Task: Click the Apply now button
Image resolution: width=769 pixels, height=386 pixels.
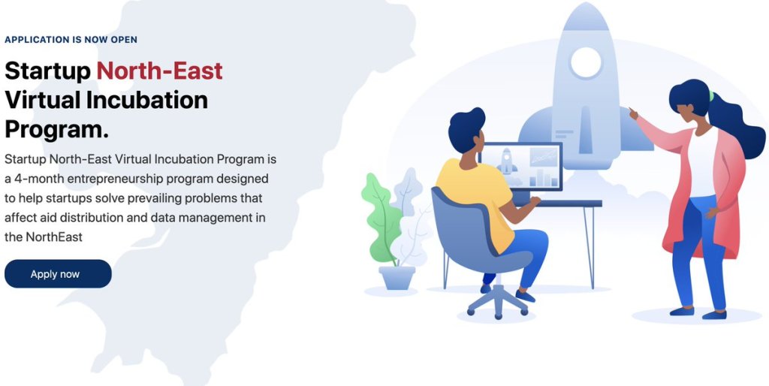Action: (x=58, y=273)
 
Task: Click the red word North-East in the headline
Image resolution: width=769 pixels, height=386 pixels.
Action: (x=159, y=71)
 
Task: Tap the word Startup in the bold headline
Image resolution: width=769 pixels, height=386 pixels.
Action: (x=47, y=71)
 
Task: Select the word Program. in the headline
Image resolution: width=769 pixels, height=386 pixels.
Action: (x=56, y=130)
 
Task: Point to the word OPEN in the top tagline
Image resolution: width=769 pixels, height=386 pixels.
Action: (x=124, y=40)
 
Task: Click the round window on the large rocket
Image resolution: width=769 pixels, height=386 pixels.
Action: (x=586, y=63)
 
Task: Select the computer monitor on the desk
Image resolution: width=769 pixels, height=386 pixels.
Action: (x=521, y=167)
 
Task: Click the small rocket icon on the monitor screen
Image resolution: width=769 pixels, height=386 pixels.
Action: (x=507, y=161)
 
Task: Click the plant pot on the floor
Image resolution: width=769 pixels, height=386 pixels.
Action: (x=397, y=278)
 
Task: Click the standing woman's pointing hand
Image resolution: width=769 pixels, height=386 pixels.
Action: (x=633, y=114)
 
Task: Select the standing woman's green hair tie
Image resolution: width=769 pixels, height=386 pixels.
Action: (x=710, y=95)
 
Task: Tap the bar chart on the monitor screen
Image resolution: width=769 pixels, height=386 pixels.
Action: (x=545, y=177)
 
